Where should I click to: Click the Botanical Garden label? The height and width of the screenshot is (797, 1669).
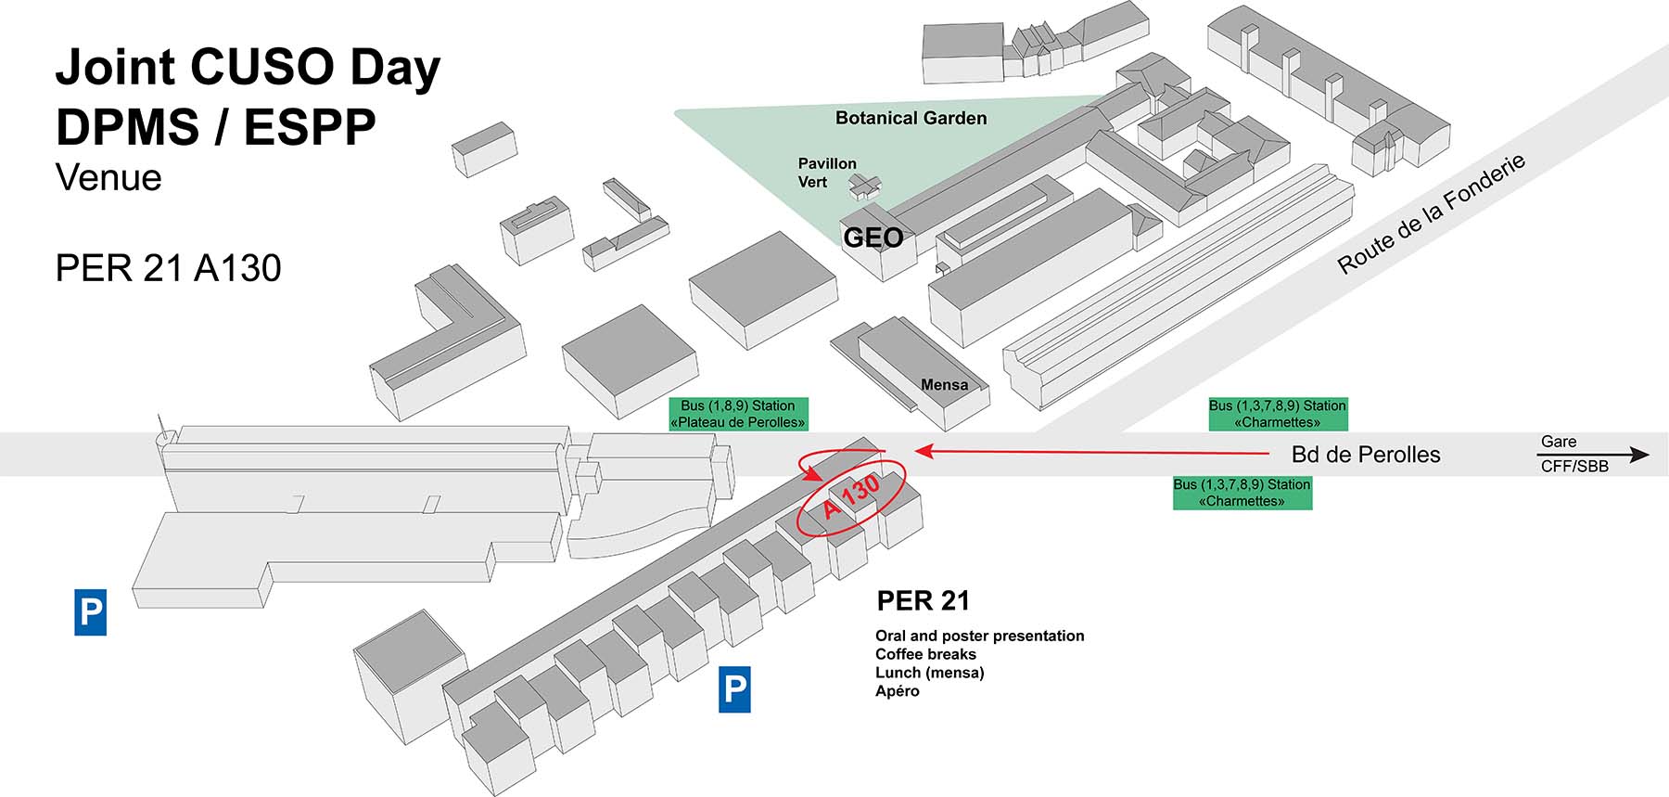[x=911, y=118]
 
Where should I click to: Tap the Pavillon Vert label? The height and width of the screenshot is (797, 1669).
[x=826, y=173]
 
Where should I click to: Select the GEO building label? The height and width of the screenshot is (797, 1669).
[x=873, y=238]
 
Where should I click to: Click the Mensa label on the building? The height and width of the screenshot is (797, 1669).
[x=944, y=384]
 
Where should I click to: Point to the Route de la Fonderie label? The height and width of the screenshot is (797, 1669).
[x=1431, y=214]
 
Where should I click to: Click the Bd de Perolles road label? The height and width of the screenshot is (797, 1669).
[x=1365, y=455]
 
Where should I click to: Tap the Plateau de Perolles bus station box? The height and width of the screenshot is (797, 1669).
[x=738, y=414]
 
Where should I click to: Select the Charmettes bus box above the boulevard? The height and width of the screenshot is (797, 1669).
[x=1277, y=414]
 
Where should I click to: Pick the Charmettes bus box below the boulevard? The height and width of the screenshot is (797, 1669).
[x=1242, y=493]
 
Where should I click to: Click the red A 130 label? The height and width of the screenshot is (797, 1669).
[x=851, y=496]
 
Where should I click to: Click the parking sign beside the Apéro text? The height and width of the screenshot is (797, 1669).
[x=734, y=689]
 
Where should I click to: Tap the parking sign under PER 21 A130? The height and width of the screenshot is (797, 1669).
[x=90, y=612]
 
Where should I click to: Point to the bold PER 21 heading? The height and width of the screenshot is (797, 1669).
[x=923, y=601]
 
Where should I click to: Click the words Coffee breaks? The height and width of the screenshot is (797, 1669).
[x=925, y=654]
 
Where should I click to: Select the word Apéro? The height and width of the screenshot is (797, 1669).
[x=897, y=691]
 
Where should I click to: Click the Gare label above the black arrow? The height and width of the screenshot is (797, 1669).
[x=1559, y=442]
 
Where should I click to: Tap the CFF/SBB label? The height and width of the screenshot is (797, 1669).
[x=1574, y=467]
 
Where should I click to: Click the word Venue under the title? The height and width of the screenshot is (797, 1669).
[x=108, y=177]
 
